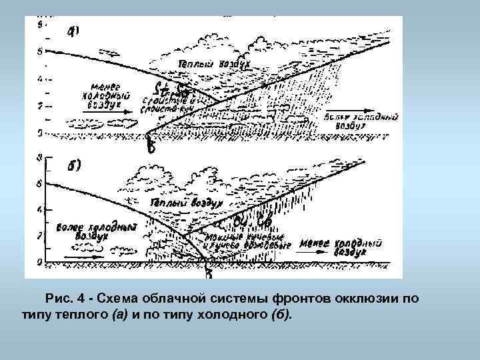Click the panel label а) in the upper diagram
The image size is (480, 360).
73,31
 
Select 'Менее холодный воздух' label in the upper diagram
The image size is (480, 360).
104,95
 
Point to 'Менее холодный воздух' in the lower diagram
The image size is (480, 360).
341,246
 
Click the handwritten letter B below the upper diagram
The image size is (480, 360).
151,148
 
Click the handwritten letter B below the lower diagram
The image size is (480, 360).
209,271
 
